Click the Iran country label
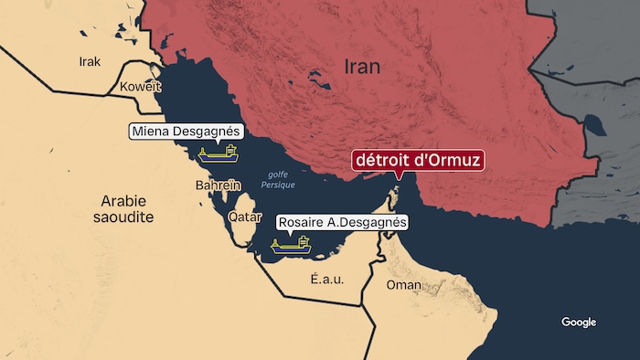362,67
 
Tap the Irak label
90,62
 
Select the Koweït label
140,87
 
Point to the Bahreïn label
218,185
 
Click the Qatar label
245,217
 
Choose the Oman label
404,285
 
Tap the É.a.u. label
326,280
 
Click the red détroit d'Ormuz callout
417,162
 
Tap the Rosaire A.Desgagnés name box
341,222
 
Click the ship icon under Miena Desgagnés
217,153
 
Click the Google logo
578,323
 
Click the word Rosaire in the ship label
304,222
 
